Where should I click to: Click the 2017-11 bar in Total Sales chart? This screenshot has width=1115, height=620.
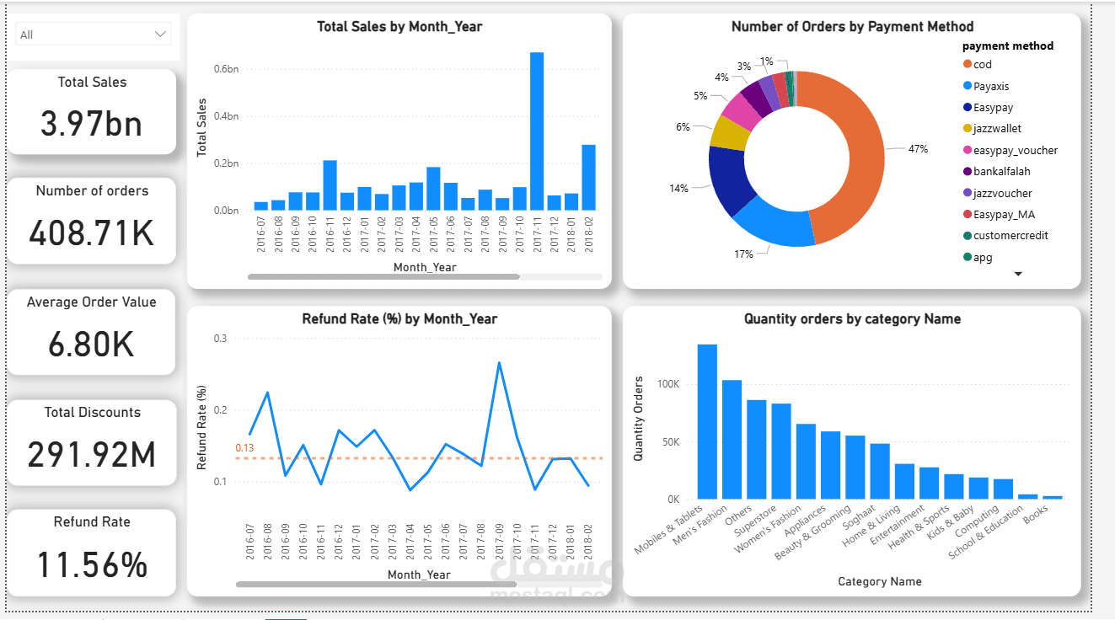tap(537, 131)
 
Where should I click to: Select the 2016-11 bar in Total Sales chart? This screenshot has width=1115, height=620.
tap(330, 185)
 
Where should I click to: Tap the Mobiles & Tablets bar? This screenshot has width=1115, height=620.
tap(707, 421)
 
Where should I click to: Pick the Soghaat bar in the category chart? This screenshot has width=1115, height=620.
tap(880, 471)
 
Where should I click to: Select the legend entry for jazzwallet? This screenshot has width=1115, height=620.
tap(996, 129)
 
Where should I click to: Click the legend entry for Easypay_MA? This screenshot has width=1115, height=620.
tap(1003, 215)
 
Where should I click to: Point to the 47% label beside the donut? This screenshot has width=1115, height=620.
tap(918, 149)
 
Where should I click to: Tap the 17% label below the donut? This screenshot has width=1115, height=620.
tap(743, 254)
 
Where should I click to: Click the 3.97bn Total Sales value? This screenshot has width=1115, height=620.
tap(92, 124)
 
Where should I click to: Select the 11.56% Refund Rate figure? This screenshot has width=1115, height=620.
tap(92, 564)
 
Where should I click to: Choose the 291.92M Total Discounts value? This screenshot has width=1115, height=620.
tap(92, 455)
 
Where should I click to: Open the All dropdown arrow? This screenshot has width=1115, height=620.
tap(160, 35)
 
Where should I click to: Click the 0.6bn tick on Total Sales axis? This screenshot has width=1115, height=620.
tap(226, 69)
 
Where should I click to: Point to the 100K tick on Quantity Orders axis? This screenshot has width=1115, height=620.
tap(667, 385)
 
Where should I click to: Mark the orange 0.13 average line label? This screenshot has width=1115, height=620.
tap(244, 448)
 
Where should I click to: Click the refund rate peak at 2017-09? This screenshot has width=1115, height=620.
tap(500, 363)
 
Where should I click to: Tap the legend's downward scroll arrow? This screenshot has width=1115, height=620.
tap(1018, 275)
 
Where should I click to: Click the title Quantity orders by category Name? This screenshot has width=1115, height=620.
tap(852, 319)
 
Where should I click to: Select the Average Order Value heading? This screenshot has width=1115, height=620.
tap(92, 302)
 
